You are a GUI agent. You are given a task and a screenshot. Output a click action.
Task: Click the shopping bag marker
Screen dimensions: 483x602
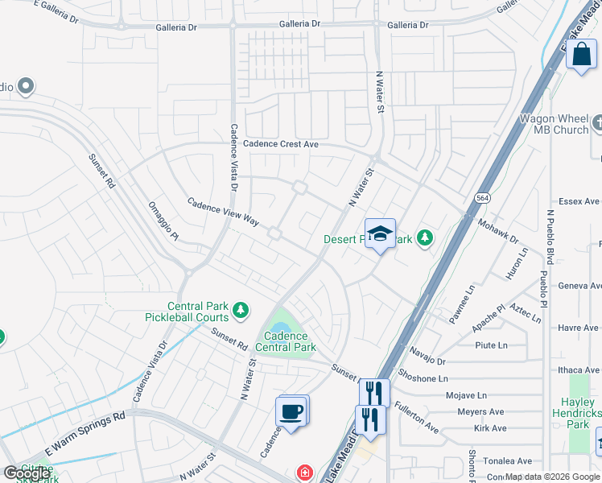pos(581,56)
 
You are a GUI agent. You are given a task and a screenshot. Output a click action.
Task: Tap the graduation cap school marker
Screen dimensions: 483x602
pos(380,234)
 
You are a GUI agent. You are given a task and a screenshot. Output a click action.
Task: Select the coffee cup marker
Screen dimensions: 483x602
pos(291,412)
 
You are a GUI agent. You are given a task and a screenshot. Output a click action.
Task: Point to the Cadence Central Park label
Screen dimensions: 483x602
pos(286,341)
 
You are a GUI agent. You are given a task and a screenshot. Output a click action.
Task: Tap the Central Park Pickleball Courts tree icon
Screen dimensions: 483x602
pos(240,310)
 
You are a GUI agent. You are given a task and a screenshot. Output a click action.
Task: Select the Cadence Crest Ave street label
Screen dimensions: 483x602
pos(281,144)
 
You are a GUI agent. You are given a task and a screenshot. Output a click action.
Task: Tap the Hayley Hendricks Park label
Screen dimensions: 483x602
pos(578,412)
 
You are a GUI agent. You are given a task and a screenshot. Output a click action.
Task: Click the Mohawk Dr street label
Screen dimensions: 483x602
pos(498,230)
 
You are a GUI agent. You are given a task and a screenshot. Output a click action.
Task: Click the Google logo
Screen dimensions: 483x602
pos(27,473)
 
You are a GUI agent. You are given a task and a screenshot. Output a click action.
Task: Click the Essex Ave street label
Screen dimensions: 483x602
pos(579,201)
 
